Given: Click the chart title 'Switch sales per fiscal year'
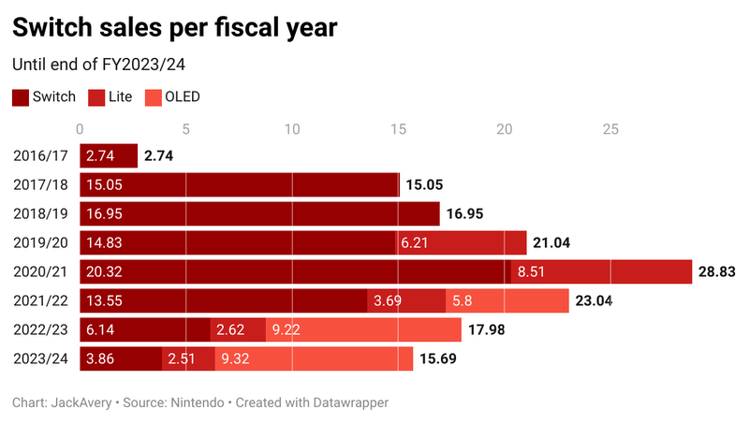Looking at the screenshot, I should pyautogui.click(x=174, y=29).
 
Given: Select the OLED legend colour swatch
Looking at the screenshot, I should pyautogui.click(x=150, y=96).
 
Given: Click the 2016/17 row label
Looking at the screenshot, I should pyautogui.click(x=40, y=156).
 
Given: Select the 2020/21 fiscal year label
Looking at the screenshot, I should pyautogui.click(x=40, y=271).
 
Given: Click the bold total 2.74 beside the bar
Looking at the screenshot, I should pyautogui.click(x=160, y=156).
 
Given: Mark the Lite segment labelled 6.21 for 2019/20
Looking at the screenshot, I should pyautogui.click(x=462, y=242).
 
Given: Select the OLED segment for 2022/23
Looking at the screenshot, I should pyautogui.click(x=363, y=329).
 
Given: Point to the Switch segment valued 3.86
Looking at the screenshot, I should pyautogui.click(x=121, y=358).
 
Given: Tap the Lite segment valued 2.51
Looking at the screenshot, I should pyautogui.click(x=188, y=358).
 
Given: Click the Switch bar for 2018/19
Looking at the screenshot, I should pyautogui.click(x=259, y=214).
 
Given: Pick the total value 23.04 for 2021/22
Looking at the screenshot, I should pyautogui.click(x=599, y=300).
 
